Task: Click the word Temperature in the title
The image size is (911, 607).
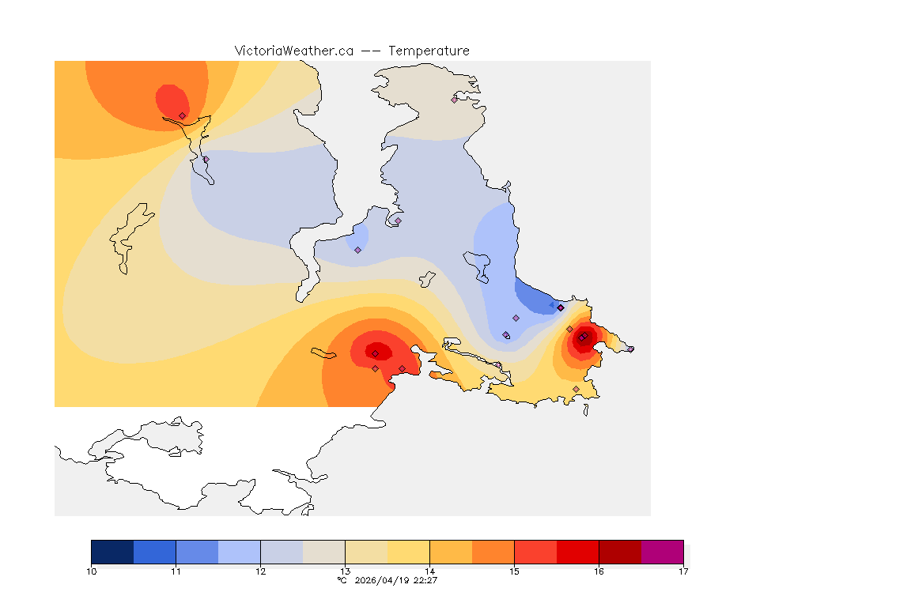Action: point(429,51)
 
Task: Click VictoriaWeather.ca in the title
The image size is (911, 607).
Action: point(293,51)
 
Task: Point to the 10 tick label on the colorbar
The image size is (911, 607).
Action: point(92,571)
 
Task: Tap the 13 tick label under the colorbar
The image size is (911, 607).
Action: point(345,571)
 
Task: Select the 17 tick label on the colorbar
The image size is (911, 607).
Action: point(682,571)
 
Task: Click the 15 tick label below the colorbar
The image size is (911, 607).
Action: point(514,571)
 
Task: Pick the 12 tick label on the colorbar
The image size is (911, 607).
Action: point(260,571)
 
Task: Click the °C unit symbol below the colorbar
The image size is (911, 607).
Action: point(342,580)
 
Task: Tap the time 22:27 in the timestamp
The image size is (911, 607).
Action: point(427,580)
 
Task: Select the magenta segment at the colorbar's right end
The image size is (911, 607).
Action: point(662,552)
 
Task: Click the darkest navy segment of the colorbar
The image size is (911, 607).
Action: point(112,552)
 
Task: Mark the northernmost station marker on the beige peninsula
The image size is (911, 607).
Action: point(455,100)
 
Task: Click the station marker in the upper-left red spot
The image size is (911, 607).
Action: point(183,115)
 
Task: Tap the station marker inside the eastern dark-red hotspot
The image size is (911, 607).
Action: point(582,338)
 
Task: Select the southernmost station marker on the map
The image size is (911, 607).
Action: point(576,389)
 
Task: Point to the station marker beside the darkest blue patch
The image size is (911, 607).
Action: point(560,307)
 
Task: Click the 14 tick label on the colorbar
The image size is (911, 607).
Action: point(429,571)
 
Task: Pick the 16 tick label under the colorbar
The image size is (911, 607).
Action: point(599,571)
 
